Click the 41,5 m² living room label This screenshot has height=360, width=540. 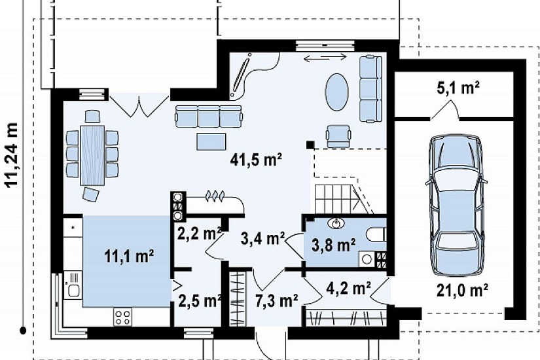click(256, 160)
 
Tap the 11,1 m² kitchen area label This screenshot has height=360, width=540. click(129, 256)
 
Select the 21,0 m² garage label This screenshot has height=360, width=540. click(463, 291)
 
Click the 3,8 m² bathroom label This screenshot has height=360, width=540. click(334, 245)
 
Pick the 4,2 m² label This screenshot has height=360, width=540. click(348, 288)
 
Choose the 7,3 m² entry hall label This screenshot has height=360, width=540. click(276, 300)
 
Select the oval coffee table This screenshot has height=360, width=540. click(336, 92)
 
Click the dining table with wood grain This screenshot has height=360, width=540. click(92, 155)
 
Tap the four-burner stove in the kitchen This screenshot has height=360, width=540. click(122, 317)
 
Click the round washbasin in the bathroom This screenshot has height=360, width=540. click(336, 223)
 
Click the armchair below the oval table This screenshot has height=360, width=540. click(338, 135)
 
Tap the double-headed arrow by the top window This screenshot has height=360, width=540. click(325, 58)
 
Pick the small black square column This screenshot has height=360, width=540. click(310, 145)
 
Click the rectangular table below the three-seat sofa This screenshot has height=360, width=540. click(211, 141)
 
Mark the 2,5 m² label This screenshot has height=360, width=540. click(200, 300)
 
